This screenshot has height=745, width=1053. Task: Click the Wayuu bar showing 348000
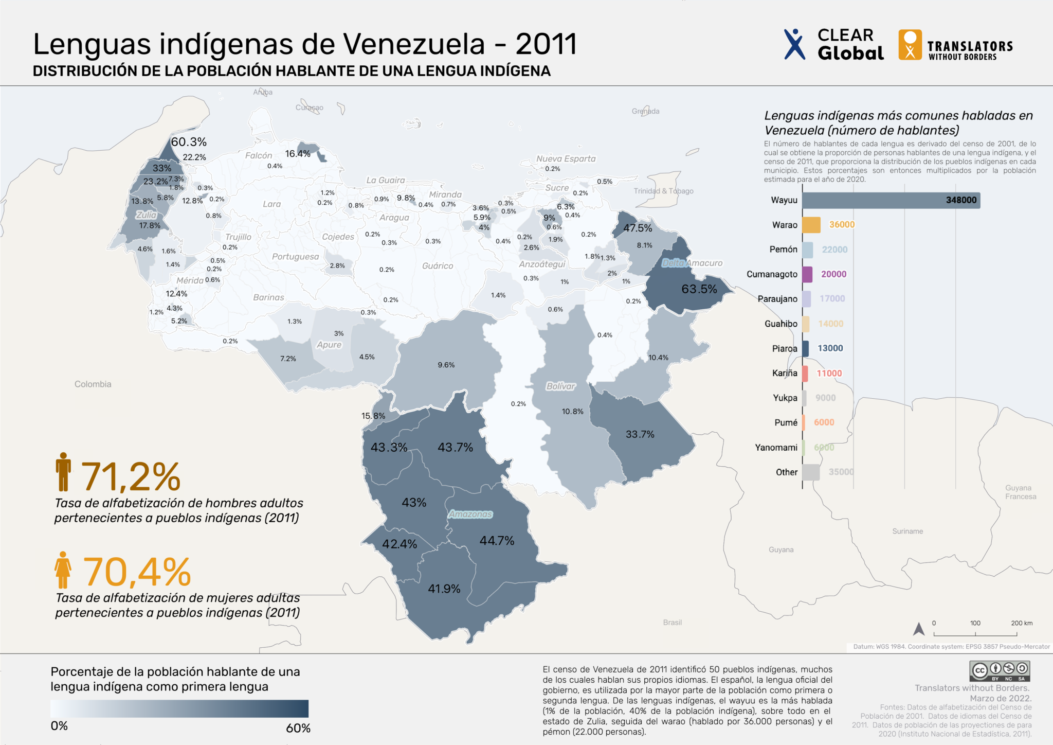point(891,200)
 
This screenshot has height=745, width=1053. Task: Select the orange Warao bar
point(811,225)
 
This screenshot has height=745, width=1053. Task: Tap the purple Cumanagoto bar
point(807,274)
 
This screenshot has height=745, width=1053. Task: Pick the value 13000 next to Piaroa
point(830,348)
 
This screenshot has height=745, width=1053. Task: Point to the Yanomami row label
point(776,448)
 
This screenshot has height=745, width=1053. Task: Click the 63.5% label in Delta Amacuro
point(699,289)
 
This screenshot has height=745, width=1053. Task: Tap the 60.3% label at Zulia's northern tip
point(189,142)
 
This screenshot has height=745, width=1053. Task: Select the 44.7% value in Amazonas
point(497,541)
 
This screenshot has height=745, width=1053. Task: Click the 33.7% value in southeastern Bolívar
point(640,434)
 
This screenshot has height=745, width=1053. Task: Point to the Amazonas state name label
point(470,514)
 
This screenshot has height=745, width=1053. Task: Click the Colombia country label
point(93,384)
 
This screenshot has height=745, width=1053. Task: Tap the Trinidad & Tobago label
point(663,191)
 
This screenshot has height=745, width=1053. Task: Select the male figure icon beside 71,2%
point(63,472)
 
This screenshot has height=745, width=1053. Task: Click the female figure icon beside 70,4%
point(63,570)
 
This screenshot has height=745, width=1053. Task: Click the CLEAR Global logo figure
point(794,44)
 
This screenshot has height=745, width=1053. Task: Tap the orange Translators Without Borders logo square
point(910,45)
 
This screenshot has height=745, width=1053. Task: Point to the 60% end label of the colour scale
point(298,728)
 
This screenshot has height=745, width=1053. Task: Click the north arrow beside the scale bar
point(919,629)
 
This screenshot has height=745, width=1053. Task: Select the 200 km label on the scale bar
point(1021,623)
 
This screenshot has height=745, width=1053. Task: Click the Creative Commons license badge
point(1000,671)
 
